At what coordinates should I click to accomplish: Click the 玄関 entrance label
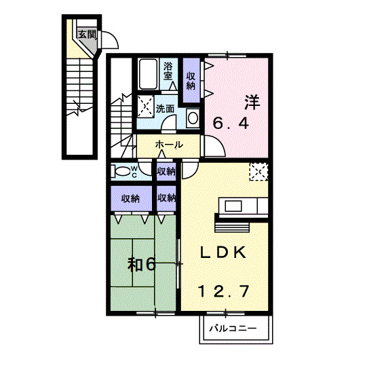click(x=88, y=35)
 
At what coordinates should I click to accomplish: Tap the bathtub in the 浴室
click(x=148, y=74)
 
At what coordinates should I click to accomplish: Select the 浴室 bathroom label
click(x=168, y=71)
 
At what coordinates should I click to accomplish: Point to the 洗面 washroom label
click(x=165, y=109)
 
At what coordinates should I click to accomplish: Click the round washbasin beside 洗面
click(x=193, y=118)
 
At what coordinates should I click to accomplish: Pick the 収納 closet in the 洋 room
click(x=191, y=81)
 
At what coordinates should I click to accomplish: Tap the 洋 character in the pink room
click(x=252, y=103)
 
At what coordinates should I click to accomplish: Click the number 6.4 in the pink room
click(x=231, y=124)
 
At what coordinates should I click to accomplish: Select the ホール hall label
click(x=169, y=145)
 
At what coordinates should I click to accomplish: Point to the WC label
click(x=134, y=172)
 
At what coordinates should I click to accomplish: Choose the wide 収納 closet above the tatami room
click(x=131, y=199)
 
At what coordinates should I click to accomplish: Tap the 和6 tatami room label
click(x=142, y=265)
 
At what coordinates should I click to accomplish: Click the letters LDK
click(x=223, y=253)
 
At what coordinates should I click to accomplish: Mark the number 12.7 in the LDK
click(x=224, y=291)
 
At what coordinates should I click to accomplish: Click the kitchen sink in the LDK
click(x=233, y=206)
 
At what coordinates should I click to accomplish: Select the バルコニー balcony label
click(x=233, y=329)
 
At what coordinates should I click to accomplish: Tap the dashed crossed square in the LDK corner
click(x=258, y=172)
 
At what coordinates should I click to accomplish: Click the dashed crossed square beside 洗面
click(x=145, y=107)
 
